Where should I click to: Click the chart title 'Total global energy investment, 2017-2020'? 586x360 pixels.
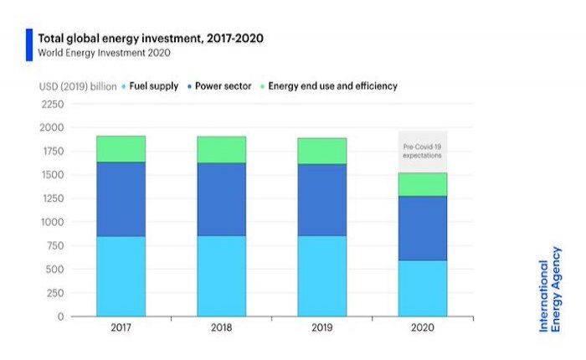143,38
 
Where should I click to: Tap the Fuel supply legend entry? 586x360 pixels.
151,86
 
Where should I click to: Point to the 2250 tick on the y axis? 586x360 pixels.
52,105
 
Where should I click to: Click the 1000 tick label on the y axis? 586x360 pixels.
52,223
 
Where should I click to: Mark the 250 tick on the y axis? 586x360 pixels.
54,294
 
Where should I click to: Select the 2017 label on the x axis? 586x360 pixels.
121,328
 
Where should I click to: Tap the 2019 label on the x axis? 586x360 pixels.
321,328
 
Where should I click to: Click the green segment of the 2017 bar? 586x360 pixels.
121,148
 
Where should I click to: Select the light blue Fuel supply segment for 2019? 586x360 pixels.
321,275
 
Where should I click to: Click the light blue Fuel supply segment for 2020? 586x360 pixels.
422,288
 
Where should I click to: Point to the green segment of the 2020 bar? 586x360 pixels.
422,184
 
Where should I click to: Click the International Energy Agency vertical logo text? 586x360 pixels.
552,285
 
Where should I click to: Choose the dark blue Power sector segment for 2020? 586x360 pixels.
422,228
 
